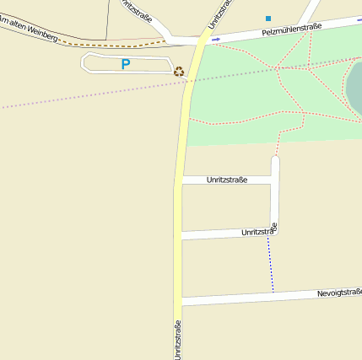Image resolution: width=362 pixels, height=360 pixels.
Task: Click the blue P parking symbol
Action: click(126, 64)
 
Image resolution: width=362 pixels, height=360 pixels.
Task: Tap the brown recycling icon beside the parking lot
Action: click(179, 72)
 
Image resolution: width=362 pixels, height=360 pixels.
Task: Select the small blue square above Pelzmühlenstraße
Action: click(268, 18)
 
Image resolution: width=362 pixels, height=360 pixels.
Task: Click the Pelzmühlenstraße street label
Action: click(291, 30)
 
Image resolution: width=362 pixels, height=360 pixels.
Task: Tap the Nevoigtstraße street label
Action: click(339, 293)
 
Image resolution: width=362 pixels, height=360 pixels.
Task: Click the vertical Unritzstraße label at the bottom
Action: click(178, 339)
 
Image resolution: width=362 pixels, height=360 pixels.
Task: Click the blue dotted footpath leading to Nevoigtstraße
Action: click(271, 263)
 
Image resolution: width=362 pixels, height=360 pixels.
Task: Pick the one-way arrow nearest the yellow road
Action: click(216, 39)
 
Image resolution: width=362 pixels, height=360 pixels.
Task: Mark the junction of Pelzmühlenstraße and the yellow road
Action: click(203, 39)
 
